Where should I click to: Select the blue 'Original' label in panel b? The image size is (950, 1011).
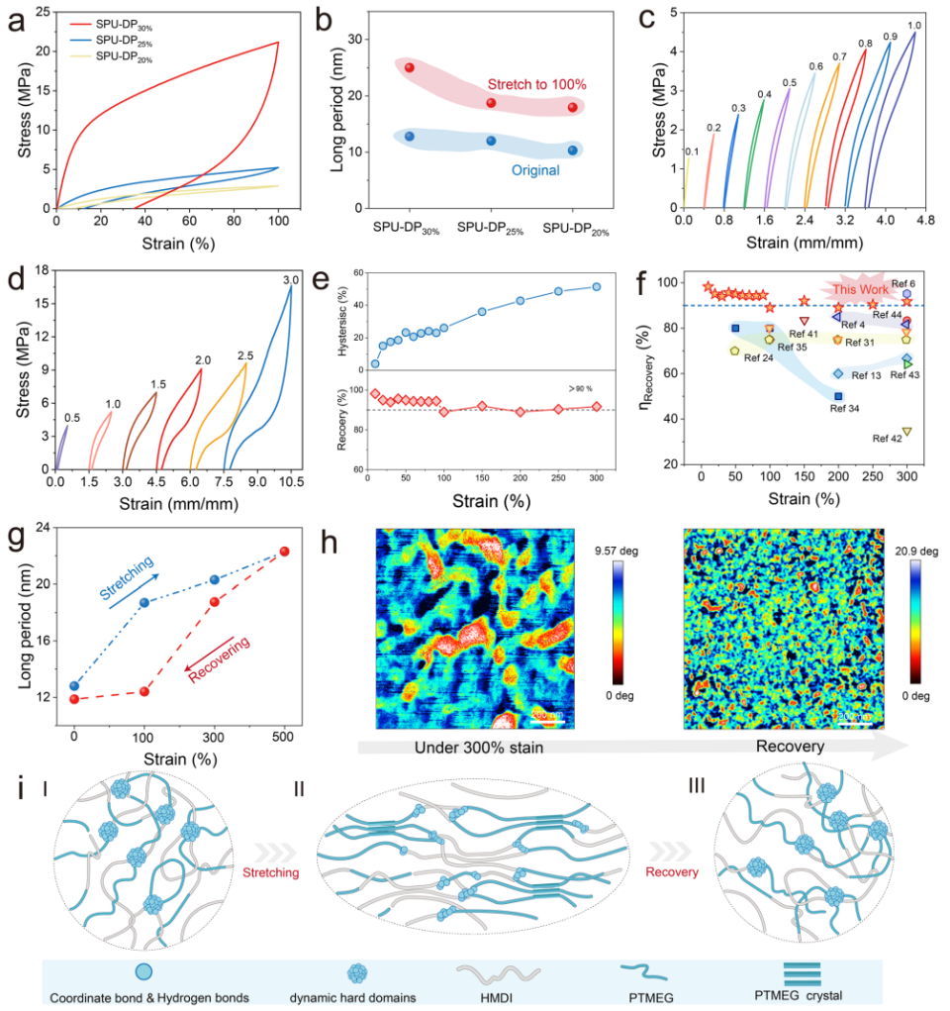pos(536,170)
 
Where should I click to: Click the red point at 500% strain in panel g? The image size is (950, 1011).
pos(284,552)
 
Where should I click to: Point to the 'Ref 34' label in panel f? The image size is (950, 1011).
pos(844,408)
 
